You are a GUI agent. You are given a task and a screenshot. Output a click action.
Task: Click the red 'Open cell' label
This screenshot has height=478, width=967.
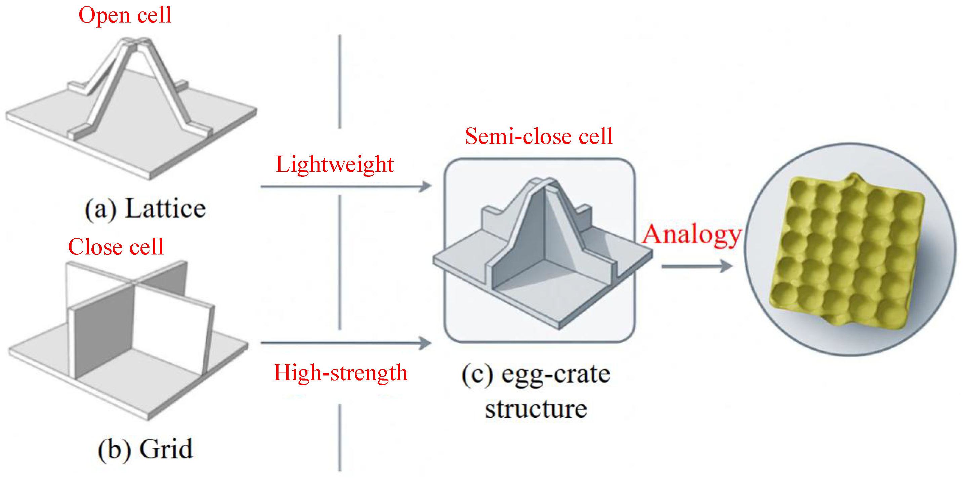(125, 16)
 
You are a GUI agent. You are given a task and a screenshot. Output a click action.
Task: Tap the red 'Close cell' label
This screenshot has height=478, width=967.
(116, 247)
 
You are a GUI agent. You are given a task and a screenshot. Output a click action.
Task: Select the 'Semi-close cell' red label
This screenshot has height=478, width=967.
(539, 136)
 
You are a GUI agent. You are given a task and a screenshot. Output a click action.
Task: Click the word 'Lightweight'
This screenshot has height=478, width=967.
(334, 164)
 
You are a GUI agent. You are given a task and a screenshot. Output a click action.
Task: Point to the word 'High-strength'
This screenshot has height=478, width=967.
(340, 373)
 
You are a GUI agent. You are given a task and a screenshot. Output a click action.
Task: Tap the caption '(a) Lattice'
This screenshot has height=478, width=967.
(145, 209)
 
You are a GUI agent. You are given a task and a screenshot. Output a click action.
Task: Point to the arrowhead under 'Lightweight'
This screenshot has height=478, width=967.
(426, 186)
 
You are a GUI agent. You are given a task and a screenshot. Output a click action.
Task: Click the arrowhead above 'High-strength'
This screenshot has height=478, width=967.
(426, 343)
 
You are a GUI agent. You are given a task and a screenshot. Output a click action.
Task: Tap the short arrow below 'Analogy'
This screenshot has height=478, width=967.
(696, 266)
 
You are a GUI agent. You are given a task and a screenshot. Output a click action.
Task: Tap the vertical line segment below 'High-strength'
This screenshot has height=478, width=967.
(340, 437)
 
